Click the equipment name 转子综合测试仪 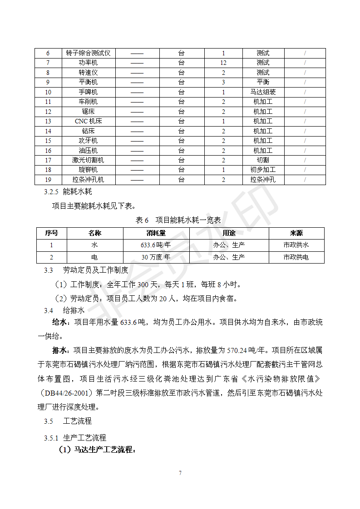coord(88,53)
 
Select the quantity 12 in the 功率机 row coord(223,63)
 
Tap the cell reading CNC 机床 coord(88,121)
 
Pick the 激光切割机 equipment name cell coord(88,160)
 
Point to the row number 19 coord(48,180)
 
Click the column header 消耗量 coord(156,233)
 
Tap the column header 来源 coord(296,233)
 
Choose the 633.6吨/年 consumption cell coord(156,245)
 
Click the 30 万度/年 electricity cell coord(156,257)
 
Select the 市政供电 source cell coord(296,257)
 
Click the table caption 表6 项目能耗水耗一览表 coord(178,220)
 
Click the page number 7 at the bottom coord(180,473)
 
